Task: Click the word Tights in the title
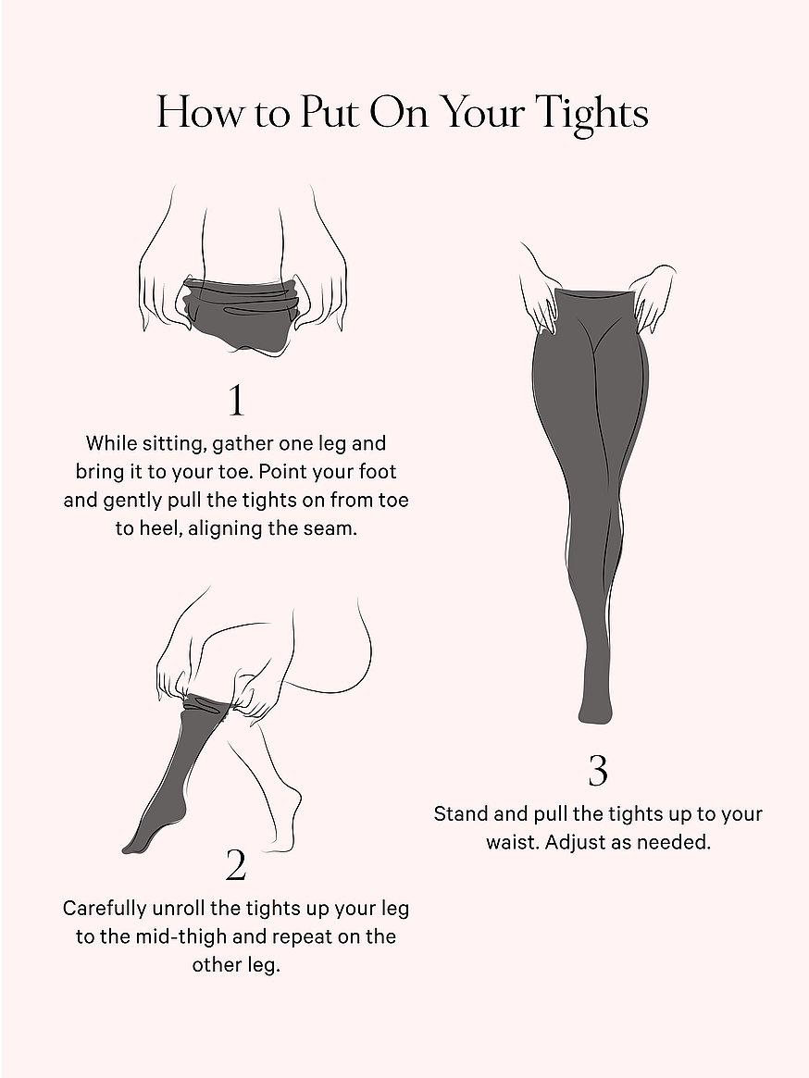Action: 592,113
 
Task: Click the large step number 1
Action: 237,401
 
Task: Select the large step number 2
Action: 236,865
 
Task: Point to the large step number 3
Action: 598,771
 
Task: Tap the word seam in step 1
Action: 333,528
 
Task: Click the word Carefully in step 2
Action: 105,909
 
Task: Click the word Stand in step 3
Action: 461,814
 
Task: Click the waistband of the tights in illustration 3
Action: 597,294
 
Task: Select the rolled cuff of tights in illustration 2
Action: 207,705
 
